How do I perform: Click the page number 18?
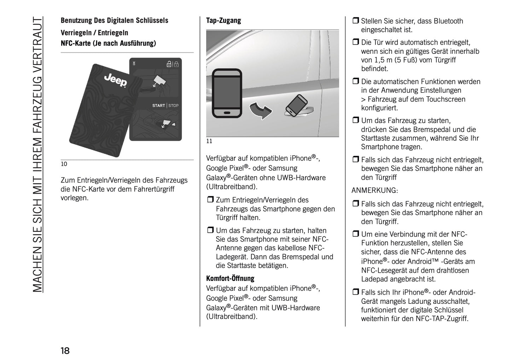tap(65, 351)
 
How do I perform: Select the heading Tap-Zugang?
tap(223, 21)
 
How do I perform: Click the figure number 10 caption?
tap(64, 164)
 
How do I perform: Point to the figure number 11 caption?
tap(209, 141)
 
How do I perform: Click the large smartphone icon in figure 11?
tap(227, 93)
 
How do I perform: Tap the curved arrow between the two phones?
tap(261, 110)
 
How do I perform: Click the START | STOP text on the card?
tap(165, 105)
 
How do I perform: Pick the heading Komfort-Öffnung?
tap(230, 278)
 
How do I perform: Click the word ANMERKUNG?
tap(374, 191)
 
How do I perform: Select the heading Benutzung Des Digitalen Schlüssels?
tap(114, 21)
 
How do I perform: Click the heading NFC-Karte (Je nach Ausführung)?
tap(108, 43)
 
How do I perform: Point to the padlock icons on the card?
tap(172, 64)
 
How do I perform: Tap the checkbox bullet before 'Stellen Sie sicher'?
tap(355, 21)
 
